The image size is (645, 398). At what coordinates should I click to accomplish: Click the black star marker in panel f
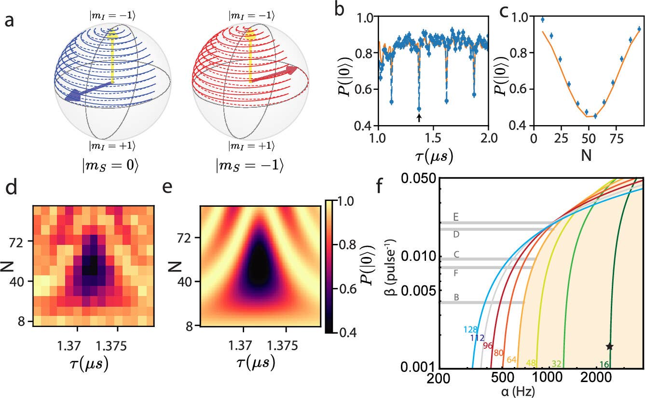[609, 346]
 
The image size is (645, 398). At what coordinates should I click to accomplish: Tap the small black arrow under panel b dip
[419, 117]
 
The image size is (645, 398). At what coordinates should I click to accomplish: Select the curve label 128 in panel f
[470, 329]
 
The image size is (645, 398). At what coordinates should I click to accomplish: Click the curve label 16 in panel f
[603, 364]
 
